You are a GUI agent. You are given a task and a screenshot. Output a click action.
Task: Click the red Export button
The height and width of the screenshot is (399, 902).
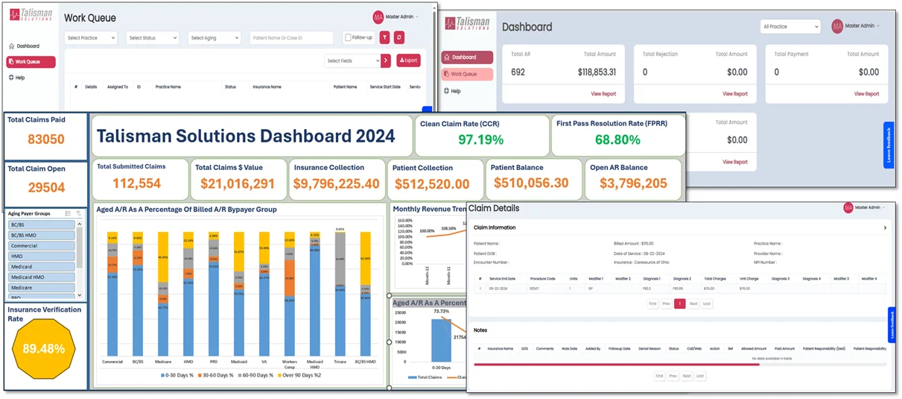(x=408, y=60)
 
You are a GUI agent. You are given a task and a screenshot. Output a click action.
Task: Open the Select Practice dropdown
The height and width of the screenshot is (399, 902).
(x=91, y=38)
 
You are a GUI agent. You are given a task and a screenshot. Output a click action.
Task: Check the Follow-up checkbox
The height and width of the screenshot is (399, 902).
(x=349, y=38)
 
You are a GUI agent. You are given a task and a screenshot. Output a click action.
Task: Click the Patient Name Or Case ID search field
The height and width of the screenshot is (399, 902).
(x=291, y=38)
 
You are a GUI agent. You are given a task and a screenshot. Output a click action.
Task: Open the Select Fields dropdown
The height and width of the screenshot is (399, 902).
(x=352, y=60)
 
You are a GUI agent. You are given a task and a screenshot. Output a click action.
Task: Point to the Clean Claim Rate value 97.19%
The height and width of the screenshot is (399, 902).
(x=480, y=140)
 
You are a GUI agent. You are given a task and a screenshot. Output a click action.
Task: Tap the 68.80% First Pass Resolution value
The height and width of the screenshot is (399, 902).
(x=617, y=140)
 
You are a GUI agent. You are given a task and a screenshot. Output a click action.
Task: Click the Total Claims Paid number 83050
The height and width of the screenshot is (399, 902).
(x=46, y=139)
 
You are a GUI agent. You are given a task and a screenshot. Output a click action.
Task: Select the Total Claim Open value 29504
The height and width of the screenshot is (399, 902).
(x=46, y=189)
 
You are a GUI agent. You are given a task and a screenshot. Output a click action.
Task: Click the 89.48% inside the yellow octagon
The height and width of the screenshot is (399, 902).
(x=43, y=349)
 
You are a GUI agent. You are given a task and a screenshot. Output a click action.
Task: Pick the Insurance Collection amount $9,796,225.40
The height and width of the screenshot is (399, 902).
(x=336, y=184)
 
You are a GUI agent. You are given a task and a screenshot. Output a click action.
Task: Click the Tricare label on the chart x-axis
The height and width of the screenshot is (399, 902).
(x=340, y=362)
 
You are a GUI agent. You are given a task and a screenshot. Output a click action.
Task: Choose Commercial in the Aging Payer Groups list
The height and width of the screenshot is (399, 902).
(x=42, y=245)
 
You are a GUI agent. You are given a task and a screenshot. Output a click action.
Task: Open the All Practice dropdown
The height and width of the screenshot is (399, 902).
(x=790, y=27)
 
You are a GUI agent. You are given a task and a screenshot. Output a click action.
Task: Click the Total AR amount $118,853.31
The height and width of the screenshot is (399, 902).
(x=597, y=72)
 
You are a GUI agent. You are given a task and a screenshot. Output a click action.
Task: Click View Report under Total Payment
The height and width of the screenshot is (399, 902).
(x=866, y=94)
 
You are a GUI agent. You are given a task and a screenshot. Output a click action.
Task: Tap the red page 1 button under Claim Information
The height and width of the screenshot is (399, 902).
(x=679, y=304)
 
